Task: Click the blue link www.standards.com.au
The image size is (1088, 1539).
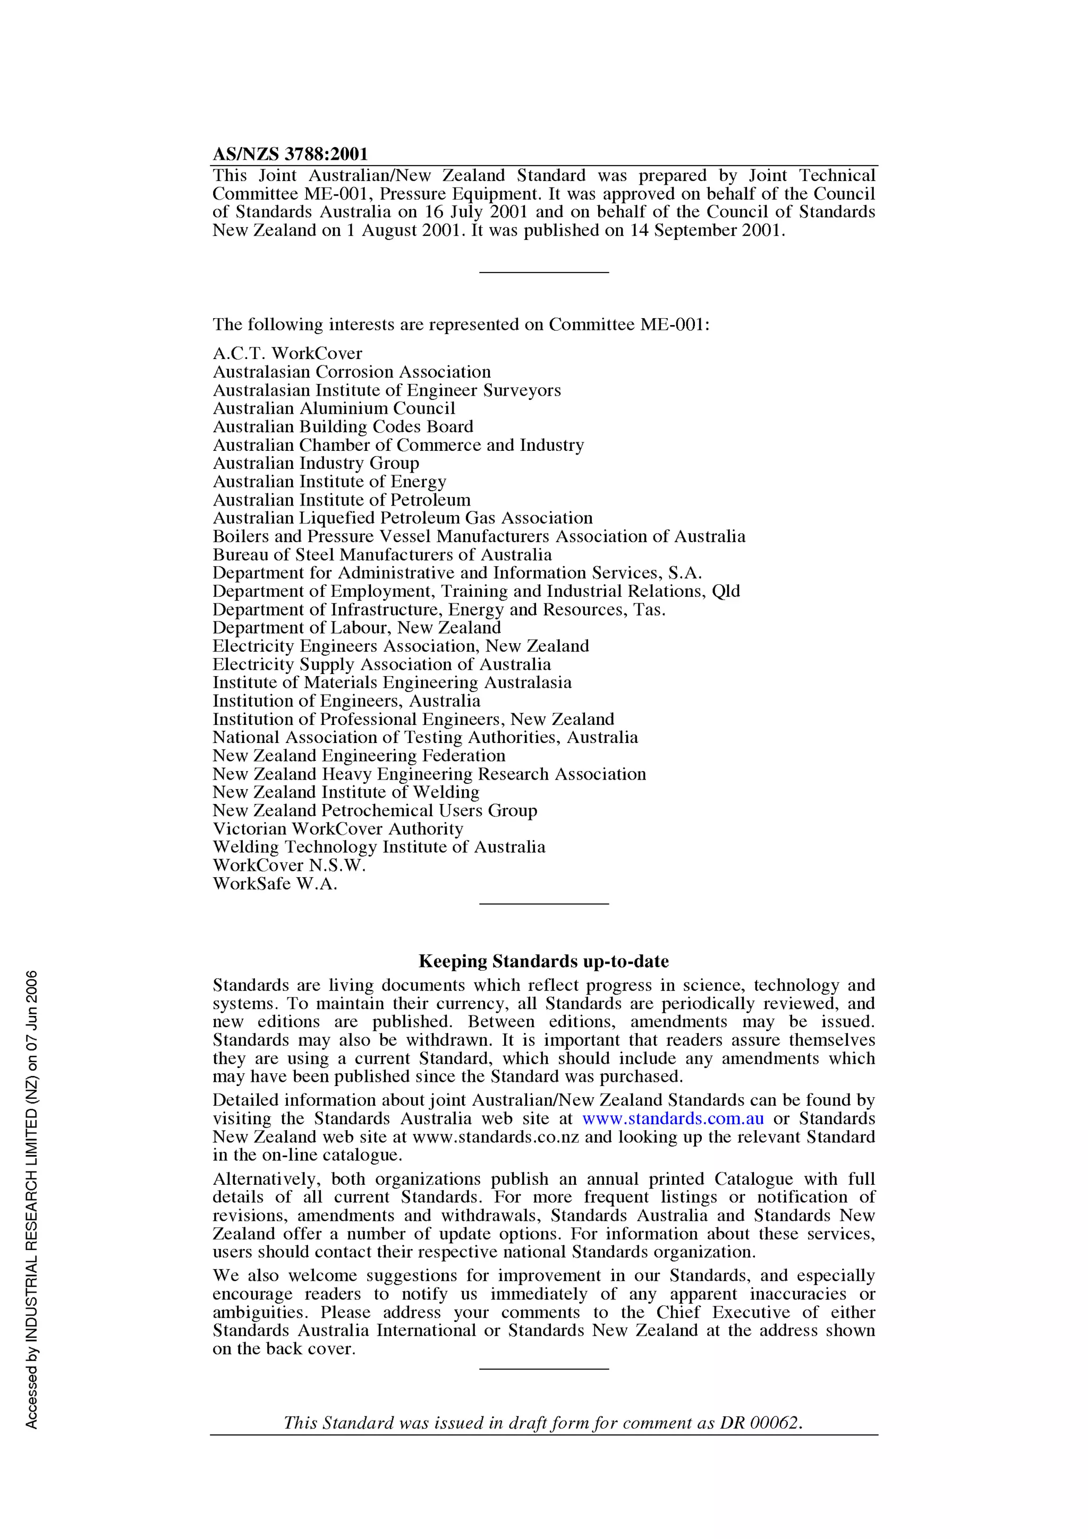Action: tap(673, 1119)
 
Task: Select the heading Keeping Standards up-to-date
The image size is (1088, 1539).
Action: tap(543, 961)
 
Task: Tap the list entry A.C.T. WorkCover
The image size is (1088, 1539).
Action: tap(287, 353)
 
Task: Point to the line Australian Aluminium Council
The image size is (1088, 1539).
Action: tap(334, 408)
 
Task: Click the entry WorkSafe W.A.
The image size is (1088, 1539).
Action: tap(275, 884)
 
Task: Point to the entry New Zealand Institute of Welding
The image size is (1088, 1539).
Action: tap(346, 792)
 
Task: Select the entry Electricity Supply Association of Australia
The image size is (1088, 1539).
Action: tap(382, 664)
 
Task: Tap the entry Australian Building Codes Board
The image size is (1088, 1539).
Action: tap(343, 427)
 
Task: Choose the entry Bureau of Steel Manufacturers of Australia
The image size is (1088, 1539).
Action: tap(382, 555)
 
